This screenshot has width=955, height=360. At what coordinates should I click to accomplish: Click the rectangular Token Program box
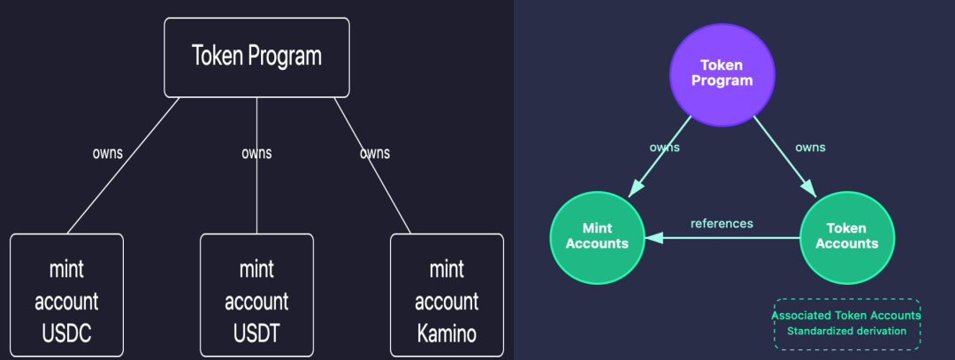[256, 57]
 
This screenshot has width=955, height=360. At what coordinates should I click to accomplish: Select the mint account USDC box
[66, 296]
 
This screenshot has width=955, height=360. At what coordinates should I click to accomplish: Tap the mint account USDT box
[256, 296]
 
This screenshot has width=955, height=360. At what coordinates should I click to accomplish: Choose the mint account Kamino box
[447, 296]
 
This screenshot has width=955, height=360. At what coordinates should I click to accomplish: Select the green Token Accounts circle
[844, 236]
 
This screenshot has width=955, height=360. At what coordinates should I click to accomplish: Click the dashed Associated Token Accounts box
[846, 323]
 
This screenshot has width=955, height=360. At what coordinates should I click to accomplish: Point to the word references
[722, 224]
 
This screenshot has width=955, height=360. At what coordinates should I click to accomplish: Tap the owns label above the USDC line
[108, 153]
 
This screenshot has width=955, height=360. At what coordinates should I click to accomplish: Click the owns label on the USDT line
[256, 153]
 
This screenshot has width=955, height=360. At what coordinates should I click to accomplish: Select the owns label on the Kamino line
[375, 153]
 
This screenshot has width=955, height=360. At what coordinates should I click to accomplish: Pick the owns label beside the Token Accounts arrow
[809, 148]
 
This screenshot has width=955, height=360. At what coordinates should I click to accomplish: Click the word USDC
[66, 335]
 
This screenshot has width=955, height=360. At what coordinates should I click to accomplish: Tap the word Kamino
[447, 335]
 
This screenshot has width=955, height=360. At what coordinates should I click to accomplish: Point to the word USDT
[256, 335]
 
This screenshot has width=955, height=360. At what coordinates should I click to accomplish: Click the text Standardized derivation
[846, 332]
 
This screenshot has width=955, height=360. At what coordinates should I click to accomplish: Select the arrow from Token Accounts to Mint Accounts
[725, 238]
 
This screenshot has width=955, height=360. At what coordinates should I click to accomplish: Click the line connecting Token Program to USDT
[256, 195]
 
